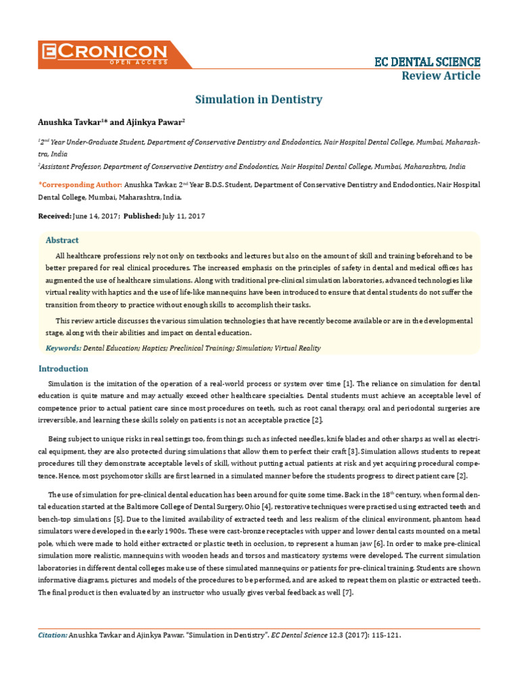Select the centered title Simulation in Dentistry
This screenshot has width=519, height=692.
point(259,100)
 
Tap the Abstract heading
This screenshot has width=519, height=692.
point(62,240)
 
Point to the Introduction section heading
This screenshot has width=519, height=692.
point(63,368)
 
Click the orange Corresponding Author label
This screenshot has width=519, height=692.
point(80,184)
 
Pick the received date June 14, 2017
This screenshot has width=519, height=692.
point(95,216)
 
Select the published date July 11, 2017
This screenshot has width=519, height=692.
point(183,216)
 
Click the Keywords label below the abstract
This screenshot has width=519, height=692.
point(63,348)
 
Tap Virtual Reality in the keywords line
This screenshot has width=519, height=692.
point(299,348)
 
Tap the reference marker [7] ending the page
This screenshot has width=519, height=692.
point(347,592)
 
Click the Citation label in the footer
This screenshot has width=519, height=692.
point(53,635)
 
